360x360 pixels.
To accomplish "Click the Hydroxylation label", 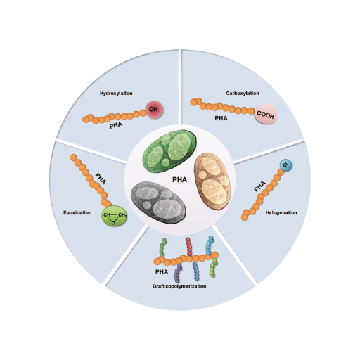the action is click(x=116, y=94).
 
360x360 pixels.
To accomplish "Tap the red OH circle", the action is click(x=154, y=109).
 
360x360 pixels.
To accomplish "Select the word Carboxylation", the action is click(x=243, y=94).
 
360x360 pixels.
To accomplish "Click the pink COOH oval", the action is click(x=266, y=115).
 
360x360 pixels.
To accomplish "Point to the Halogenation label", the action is click(x=281, y=213).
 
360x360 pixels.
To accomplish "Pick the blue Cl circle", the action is click(x=286, y=165).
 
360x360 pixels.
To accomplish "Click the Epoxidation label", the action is click(x=77, y=213).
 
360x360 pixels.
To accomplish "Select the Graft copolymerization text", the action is click(x=179, y=286).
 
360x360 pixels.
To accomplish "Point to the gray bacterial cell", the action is click(x=159, y=202).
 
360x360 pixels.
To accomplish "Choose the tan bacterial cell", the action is click(x=212, y=181).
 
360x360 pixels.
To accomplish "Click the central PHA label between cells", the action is click(x=179, y=180).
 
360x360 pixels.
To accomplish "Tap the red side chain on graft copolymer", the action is click(x=188, y=246).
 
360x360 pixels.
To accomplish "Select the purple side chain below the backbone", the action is click(x=178, y=273).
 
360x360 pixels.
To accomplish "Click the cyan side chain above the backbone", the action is click(x=209, y=245).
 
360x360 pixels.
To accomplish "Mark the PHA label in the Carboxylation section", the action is click(x=221, y=118).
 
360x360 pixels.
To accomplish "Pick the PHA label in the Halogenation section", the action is click(x=260, y=186).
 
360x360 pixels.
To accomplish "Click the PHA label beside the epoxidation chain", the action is click(x=101, y=179).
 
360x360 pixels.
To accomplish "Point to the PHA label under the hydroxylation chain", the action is click(x=116, y=125).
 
